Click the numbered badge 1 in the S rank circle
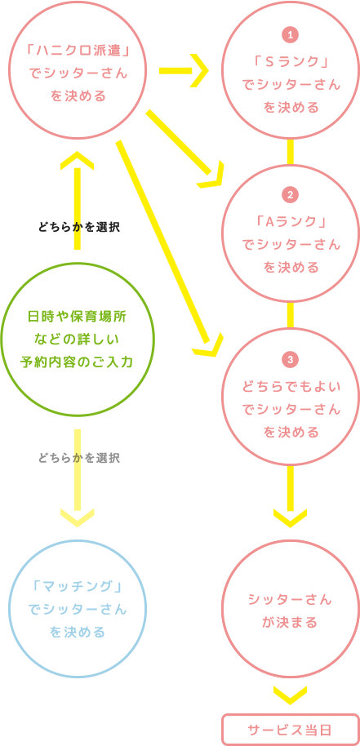[290, 34]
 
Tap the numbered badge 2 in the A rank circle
[290, 194]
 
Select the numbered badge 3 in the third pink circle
[290, 359]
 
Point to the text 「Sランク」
[291, 62]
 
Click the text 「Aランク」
[291, 222]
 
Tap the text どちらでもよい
[291, 386]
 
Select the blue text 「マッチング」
[78, 586]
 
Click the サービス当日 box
[290, 729]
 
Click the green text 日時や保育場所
[77, 316]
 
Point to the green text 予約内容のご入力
[77, 361]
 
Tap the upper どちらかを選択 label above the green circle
[78, 227]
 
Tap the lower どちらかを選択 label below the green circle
[78, 457]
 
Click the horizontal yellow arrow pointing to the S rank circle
[184, 70]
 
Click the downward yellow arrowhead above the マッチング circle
[78, 516]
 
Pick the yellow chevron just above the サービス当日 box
[290, 695]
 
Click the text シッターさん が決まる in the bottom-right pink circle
[290, 611]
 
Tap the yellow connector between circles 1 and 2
[290, 152]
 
